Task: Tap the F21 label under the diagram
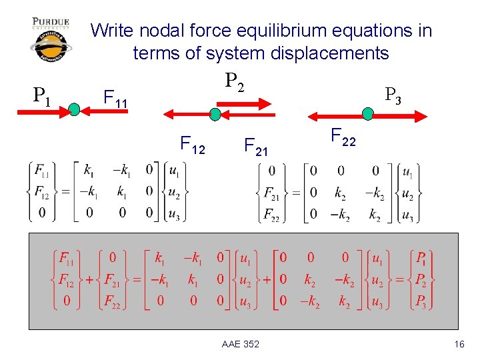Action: (256, 146)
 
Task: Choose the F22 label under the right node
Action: (343, 138)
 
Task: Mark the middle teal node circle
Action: (215, 114)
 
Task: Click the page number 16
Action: (459, 343)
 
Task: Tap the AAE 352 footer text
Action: (240, 343)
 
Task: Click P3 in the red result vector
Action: (421, 301)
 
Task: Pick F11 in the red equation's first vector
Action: (67, 258)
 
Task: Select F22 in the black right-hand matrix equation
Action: (271, 214)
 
